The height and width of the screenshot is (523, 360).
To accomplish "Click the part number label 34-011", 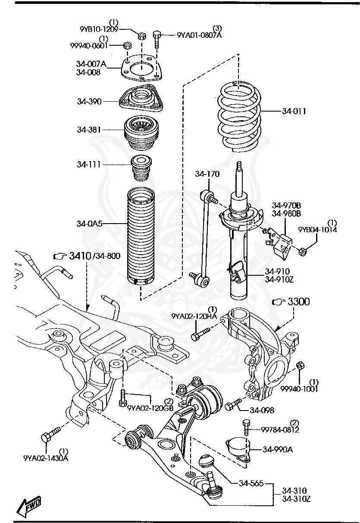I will (x=294, y=111).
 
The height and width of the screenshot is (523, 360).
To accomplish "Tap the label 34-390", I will (x=89, y=102).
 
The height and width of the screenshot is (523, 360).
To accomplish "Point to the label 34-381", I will (x=89, y=129).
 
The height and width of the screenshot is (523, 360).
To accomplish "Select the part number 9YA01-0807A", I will (x=199, y=35).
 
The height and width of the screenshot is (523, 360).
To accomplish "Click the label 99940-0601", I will (x=89, y=45).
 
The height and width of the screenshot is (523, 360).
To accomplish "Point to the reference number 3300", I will (x=299, y=302).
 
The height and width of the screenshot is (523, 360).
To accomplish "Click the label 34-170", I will (x=207, y=174).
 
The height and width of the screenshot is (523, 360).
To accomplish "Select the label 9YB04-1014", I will (x=318, y=229).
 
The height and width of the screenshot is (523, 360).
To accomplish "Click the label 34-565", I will (x=251, y=483).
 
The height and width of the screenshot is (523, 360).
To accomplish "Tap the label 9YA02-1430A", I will (x=46, y=458).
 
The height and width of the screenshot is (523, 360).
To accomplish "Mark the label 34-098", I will (x=262, y=411).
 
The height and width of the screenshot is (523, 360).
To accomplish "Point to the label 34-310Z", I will (x=297, y=499).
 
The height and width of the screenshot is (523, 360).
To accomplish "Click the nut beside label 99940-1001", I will (x=301, y=366).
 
